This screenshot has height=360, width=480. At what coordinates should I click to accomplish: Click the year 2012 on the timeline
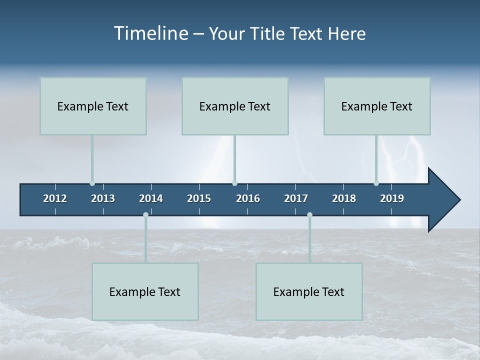(x=55, y=198)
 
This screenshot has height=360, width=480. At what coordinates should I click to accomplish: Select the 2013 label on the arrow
(x=103, y=198)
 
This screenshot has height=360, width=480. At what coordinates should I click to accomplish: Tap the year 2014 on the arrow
(x=151, y=198)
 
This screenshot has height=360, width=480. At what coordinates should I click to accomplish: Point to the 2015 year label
(x=199, y=198)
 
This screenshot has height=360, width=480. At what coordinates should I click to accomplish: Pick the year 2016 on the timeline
(x=248, y=198)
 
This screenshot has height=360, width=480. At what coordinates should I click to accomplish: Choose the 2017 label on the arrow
(x=296, y=198)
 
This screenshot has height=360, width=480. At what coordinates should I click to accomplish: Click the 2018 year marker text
(x=344, y=198)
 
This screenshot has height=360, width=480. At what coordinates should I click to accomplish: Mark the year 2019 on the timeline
(x=392, y=198)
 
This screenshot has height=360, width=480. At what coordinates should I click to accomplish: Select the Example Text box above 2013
(x=93, y=106)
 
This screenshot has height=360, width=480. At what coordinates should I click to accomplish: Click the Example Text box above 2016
(x=235, y=106)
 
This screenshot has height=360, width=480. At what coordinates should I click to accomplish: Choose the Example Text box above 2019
(x=377, y=106)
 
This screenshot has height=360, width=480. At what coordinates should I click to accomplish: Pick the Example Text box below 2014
(x=145, y=291)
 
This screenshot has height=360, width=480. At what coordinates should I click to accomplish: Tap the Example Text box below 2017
(x=309, y=291)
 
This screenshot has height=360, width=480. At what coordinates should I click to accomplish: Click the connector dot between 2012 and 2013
(x=92, y=183)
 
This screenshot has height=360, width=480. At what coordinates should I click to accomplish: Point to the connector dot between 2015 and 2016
(x=234, y=183)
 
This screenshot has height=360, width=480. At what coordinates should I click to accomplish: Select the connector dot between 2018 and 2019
(x=376, y=183)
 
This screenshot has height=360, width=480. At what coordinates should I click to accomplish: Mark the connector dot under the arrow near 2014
(x=145, y=214)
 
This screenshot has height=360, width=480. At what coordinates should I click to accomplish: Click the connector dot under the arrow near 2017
(x=309, y=214)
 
